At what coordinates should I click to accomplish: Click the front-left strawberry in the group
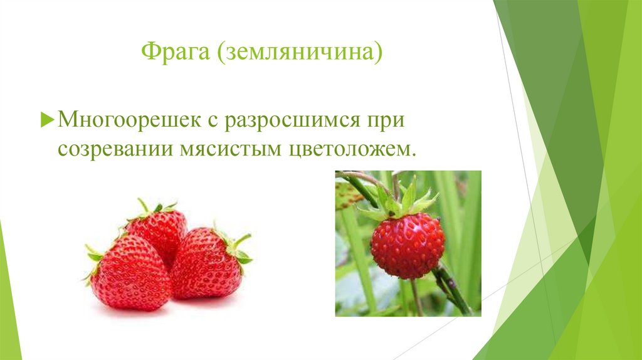pos(128,273)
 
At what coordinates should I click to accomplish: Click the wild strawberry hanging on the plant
pos(407,245)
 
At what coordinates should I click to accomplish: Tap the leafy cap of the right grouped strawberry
pos(237,248)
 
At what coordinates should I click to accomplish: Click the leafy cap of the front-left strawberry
pos(94,257)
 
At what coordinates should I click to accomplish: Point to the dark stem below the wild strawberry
pos(452,288)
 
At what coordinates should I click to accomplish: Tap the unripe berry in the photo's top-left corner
pos(346,195)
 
